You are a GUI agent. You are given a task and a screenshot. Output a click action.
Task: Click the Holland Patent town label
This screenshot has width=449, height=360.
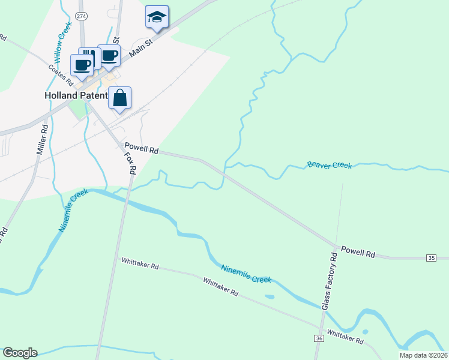[x=76, y=95]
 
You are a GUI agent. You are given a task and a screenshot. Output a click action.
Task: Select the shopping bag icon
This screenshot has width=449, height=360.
[x=120, y=98]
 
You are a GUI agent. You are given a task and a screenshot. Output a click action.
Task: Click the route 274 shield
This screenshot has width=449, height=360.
[x=82, y=15]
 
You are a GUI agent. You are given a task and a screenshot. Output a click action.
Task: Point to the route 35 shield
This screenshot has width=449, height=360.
[x=431, y=257]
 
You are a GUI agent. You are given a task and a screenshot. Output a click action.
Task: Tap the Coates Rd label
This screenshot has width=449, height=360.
[x=61, y=73]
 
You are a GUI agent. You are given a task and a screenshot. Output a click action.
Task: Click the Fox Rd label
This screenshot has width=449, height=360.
[x=129, y=162]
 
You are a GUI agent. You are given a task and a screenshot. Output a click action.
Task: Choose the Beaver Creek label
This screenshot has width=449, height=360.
[x=329, y=164]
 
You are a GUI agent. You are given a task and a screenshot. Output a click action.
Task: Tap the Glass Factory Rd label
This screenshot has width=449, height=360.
[x=330, y=281]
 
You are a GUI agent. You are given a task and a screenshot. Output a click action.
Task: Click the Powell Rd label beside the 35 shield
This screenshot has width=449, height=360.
[x=358, y=252]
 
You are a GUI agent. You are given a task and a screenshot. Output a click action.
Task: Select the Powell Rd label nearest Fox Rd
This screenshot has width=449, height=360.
[x=141, y=148]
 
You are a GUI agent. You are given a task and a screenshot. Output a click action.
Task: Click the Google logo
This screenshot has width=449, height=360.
[x=19, y=353]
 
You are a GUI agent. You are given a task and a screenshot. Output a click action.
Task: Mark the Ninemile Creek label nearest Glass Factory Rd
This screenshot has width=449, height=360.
[x=246, y=274]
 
